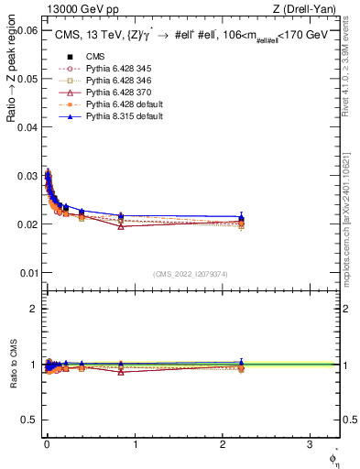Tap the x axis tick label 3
pos(311,444)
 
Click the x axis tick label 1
pos(135,444)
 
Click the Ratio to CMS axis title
pos(14,365)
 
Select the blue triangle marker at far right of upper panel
pos(241,217)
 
